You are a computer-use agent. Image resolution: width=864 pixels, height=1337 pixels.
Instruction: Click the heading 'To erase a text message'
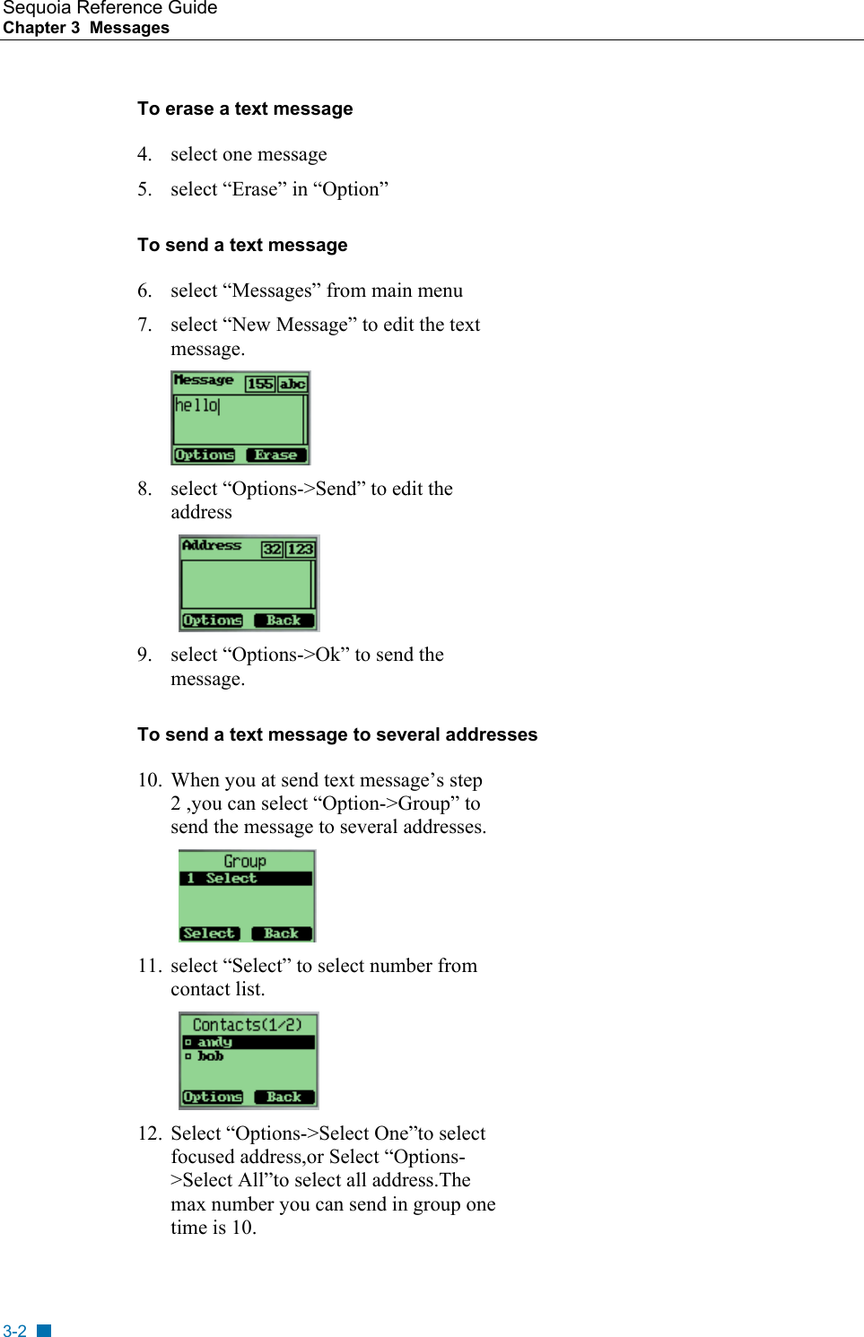pos(245,109)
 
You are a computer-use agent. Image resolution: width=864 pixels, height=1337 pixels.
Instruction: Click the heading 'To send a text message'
pos(242,245)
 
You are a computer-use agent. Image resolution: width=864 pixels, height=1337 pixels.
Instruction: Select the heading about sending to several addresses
pos(337,734)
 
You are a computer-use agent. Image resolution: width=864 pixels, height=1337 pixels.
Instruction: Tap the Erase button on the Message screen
pos(275,455)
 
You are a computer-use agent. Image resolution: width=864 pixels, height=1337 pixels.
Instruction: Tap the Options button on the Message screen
pos(205,455)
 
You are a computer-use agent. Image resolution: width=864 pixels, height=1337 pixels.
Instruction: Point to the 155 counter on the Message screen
pos(259,384)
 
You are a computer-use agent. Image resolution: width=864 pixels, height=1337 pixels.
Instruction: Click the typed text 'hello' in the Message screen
pos(196,405)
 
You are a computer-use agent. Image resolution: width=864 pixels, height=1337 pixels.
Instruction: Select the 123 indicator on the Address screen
pos(301,549)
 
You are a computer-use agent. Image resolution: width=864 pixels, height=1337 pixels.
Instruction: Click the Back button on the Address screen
pos(284,621)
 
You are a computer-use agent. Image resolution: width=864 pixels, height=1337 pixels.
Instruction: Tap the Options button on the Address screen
pos(213,621)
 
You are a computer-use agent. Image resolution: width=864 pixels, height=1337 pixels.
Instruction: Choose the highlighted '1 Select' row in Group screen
pos(246,879)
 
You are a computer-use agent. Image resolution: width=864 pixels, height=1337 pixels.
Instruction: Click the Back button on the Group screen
pos(281,933)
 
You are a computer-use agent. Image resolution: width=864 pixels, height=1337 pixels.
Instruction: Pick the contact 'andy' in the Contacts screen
pos(214,1042)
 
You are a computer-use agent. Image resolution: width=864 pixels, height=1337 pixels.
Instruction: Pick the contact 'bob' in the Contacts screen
pos(211,1056)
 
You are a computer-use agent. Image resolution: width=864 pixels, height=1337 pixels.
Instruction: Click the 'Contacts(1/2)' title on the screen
pos(247,1025)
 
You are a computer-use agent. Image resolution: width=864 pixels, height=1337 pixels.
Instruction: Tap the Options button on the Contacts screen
pos(213,1097)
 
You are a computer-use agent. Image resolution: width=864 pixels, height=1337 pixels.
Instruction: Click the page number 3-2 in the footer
pos(14,1331)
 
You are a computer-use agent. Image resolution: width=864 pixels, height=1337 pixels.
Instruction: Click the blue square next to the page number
pos(44,1331)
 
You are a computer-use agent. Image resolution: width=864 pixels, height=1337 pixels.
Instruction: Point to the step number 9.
pos(144,655)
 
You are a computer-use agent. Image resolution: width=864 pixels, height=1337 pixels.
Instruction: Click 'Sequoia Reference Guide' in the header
pos(109,8)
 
